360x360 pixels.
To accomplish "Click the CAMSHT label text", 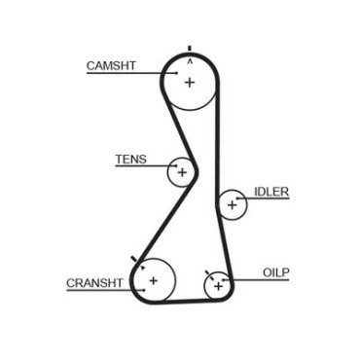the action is [111, 66].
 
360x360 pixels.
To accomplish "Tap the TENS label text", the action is [131, 160].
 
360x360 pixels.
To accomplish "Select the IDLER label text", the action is [271, 192].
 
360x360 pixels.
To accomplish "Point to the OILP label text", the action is [275, 272].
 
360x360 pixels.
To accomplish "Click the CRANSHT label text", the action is [94, 283].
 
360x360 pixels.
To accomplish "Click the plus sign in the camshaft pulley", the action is [190, 83].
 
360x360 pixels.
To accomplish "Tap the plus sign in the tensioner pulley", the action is [182, 172].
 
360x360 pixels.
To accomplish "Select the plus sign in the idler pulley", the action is [232, 205].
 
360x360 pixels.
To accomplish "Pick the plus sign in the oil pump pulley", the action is [219, 286].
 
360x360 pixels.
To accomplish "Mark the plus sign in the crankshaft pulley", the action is [153, 280].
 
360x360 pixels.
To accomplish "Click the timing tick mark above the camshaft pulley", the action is [190, 49].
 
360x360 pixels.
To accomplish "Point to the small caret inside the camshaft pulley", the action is [190, 61].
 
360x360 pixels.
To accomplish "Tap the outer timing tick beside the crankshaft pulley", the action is [133, 259].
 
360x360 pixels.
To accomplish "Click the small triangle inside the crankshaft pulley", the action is [142, 268].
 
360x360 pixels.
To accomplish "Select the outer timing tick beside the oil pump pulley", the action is [207, 272].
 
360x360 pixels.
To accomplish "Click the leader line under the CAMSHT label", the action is [131, 73].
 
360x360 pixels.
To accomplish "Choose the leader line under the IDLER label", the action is [263, 198].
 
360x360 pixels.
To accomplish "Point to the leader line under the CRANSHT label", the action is [105, 290].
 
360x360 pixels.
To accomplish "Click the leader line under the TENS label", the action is [146, 165].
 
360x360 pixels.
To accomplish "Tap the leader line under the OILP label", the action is [256, 279].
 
